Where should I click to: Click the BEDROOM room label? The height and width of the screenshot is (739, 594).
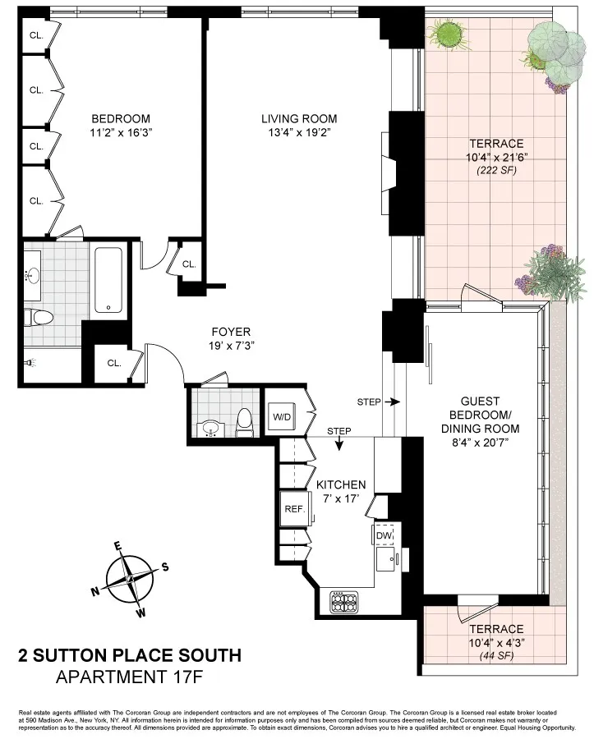pos(121,117)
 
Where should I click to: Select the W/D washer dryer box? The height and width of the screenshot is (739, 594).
pos(282,416)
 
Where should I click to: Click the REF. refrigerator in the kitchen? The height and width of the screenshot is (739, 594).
pos(293,509)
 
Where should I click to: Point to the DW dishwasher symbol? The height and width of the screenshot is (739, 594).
pos(384,535)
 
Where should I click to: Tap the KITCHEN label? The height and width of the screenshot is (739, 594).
pos(341,484)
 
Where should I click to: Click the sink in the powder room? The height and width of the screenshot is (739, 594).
pos(210,428)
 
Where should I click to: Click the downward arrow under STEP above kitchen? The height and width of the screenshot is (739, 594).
pos(339,445)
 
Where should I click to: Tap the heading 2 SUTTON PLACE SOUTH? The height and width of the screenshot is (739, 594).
pos(130,655)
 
